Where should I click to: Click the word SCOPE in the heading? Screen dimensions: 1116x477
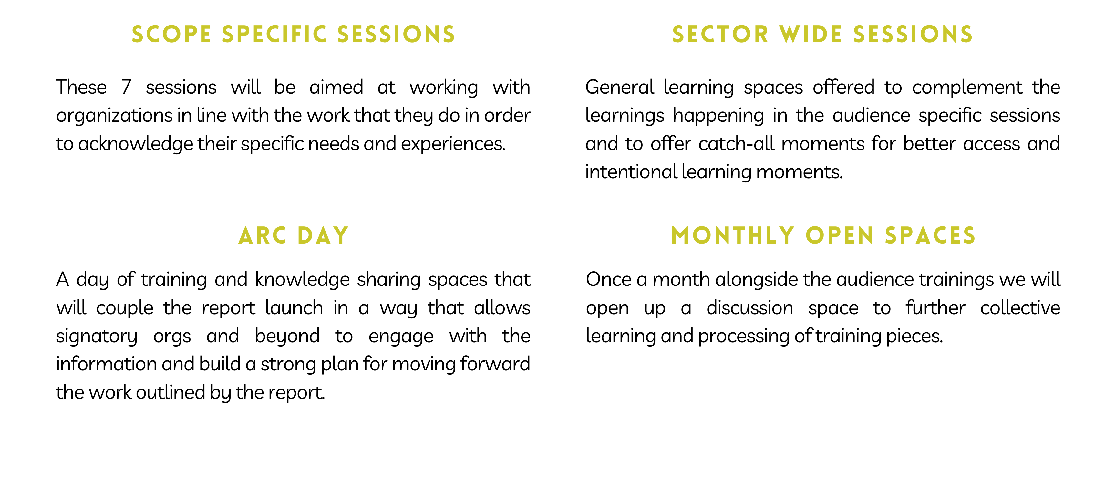click(171, 35)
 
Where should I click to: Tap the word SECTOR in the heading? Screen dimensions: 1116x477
click(720, 35)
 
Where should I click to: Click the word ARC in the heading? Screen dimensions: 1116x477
click(262, 236)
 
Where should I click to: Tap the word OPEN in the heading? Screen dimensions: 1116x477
click(839, 236)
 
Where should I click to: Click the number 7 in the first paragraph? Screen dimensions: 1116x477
click(126, 87)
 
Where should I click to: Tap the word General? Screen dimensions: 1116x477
click(620, 88)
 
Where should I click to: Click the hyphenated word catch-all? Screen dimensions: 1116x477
click(737, 144)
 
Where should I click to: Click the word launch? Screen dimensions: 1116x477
click(294, 308)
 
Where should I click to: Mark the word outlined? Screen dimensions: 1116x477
click(170, 392)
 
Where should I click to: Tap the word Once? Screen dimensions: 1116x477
click(609, 279)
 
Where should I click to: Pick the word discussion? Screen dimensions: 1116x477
click(750, 308)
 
